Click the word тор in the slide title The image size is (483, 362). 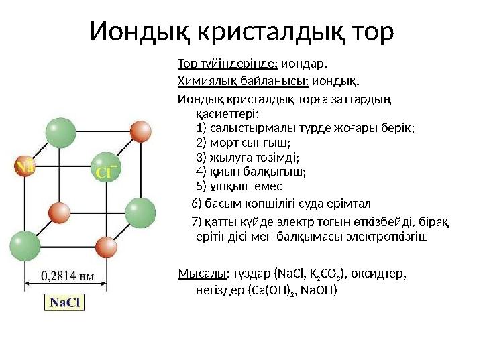369,32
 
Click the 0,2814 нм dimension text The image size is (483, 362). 68,275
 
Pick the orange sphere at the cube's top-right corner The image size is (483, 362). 140,130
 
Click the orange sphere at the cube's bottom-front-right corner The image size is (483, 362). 105,247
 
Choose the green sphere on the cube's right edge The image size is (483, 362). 141,211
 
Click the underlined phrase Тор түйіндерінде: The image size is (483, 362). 227,65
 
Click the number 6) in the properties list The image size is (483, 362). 197,204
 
